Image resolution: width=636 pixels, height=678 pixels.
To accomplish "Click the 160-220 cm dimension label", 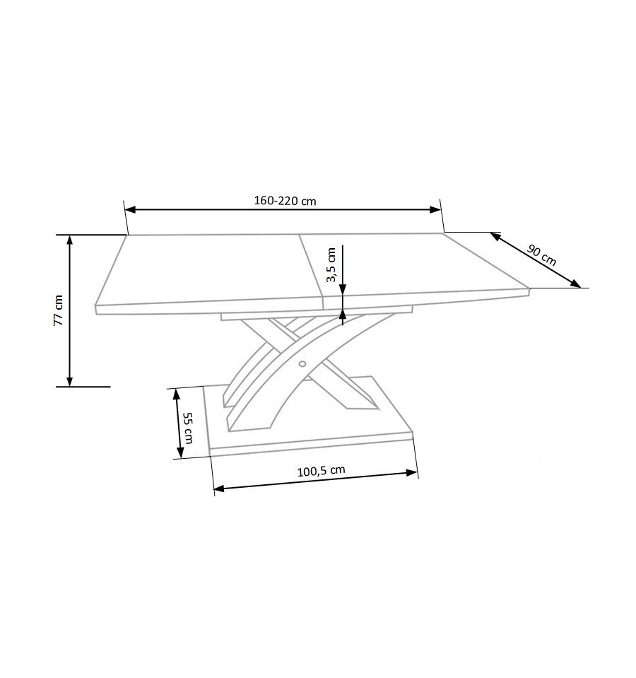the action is click(x=285, y=201).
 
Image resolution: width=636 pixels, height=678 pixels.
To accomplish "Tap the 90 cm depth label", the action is click(x=542, y=255).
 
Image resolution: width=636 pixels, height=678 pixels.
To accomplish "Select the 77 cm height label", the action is click(x=59, y=310).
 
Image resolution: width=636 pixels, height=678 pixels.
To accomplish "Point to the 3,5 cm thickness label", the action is click(x=331, y=264).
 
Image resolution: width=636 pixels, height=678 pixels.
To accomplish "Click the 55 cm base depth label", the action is click(x=188, y=428).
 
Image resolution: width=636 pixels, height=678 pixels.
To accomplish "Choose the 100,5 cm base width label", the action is click(x=321, y=470).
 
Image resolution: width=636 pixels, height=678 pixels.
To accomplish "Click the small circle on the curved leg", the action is click(x=302, y=364).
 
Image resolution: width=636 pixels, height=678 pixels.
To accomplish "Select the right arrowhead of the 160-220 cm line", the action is click(x=435, y=210).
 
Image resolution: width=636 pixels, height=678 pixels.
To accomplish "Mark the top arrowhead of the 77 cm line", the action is click(x=69, y=240).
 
